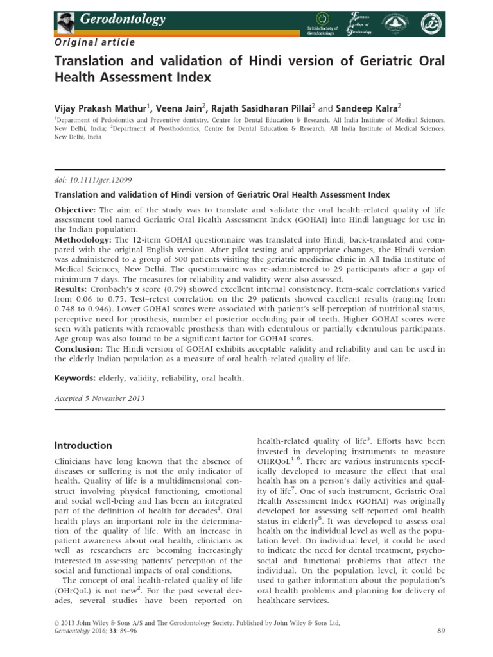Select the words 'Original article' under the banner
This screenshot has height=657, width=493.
94,42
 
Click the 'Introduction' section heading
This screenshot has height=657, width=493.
83,446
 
